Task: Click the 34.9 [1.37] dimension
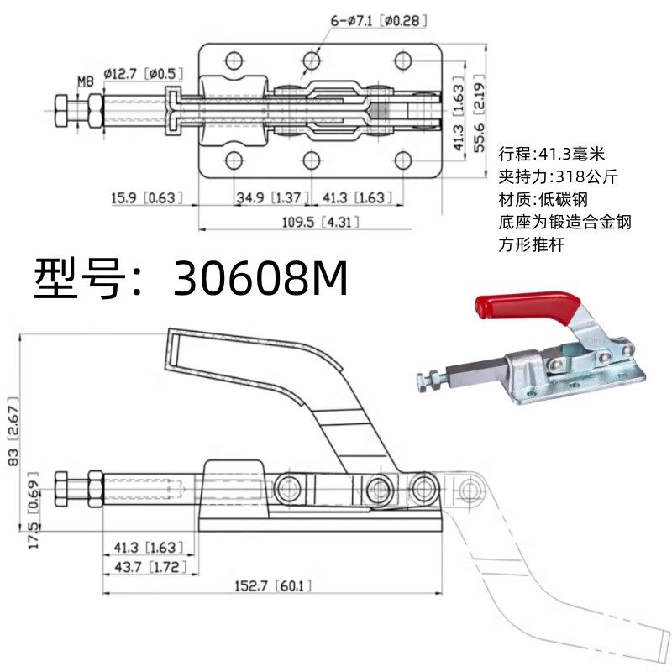click(x=268, y=197)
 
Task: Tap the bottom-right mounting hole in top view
click(x=403, y=160)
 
